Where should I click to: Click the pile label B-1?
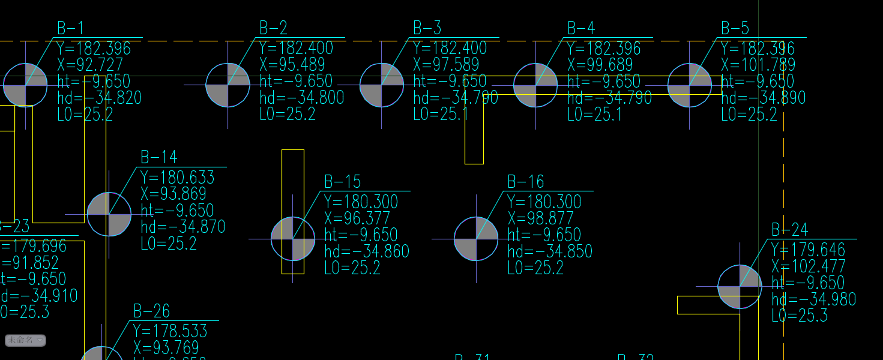click(x=70, y=28)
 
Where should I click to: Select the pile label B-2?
click(x=273, y=28)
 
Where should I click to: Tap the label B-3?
click(x=427, y=28)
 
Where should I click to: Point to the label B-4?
click(x=581, y=28)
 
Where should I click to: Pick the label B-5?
click(x=735, y=28)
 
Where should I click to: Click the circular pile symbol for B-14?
click(x=109, y=214)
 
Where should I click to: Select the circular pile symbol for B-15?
click(x=293, y=239)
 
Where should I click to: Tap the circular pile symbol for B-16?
click(x=476, y=239)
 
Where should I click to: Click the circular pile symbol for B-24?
click(x=740, y=287)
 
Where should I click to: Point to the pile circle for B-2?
click(x=228, y=85)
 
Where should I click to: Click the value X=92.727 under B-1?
click(x=90, y=65)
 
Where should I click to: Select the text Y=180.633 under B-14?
click(x=177, y=178)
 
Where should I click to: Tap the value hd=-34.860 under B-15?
click(x=367, y=251)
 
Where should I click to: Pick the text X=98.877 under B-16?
click(x=540, y=218)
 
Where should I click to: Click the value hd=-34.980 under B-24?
click(x=813, y=299)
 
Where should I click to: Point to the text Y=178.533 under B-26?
click(x=170, y=331)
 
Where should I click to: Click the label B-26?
click(x=151, y=311)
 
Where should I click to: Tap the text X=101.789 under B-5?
click(x=758, y=65)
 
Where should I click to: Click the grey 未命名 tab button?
click(x=25, y=341)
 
